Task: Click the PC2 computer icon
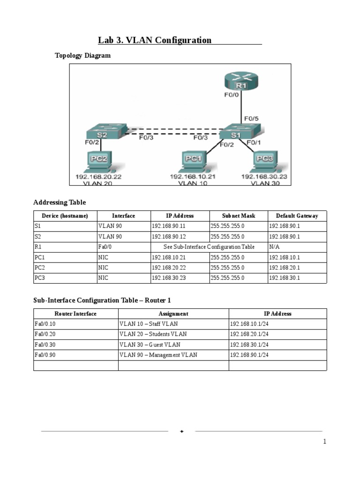(99, 161)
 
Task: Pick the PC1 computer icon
(193, 161)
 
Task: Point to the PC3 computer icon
(264, 161)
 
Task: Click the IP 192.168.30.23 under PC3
(264, 177)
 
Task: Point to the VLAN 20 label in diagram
(98, 183)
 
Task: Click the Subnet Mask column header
(239, 216)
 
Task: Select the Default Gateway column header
(297, 216)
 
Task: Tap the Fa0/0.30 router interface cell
(45, 345)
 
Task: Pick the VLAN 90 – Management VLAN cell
(158, 355)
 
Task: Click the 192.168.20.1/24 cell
(249, 334)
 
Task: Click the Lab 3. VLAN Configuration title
(155, 40)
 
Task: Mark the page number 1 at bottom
(324, 442)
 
